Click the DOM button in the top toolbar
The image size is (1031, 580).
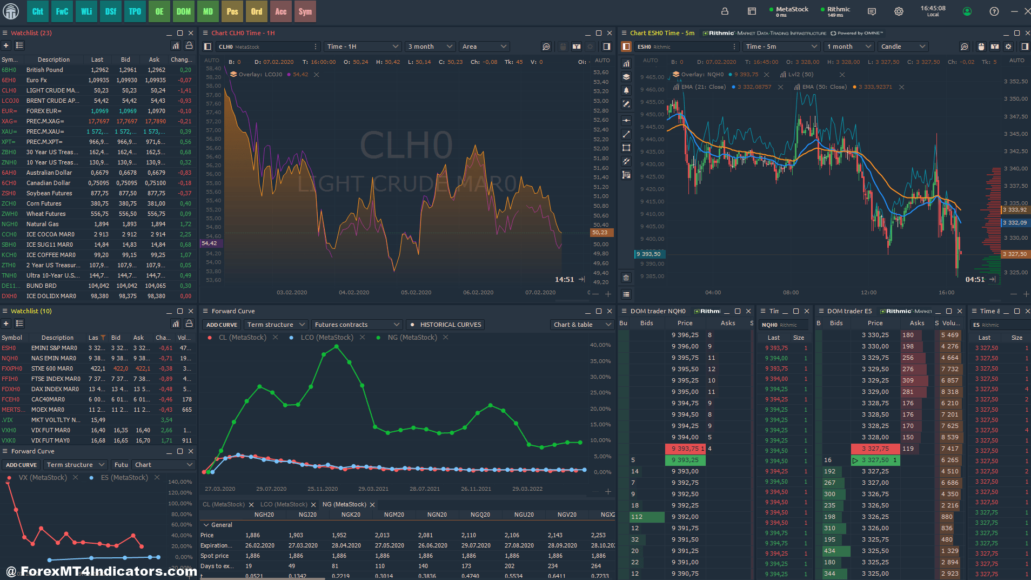184,11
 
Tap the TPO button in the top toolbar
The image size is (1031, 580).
135,11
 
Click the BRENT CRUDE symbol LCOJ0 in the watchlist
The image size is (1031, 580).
10,101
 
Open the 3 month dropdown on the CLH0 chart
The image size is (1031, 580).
430,47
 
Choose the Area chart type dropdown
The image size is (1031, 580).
484,47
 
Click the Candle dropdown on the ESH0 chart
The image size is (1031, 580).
903,47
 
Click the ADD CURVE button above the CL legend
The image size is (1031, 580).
222,325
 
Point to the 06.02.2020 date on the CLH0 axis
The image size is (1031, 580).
478,292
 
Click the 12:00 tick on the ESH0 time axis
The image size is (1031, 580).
869,292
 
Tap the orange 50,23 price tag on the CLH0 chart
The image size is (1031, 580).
600,233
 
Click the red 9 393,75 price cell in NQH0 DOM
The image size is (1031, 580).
685,449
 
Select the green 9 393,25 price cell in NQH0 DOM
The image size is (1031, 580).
685,460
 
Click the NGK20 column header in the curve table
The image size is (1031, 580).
351,515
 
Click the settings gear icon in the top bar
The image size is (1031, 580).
899,11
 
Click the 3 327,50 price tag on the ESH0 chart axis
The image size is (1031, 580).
1015,254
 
